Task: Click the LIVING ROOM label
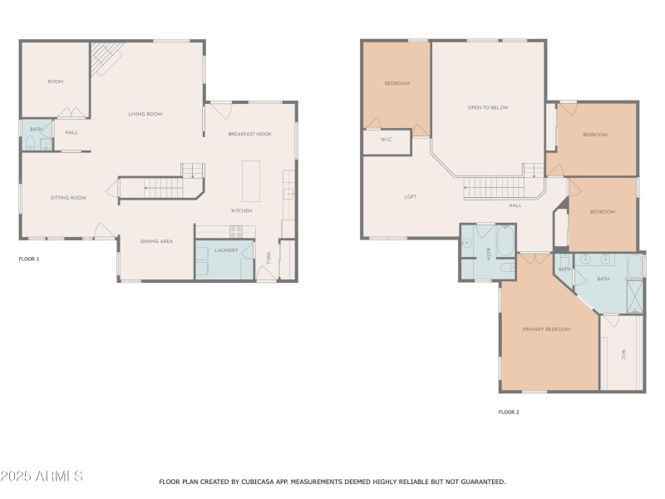click(145, 114)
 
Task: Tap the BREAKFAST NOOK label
click(250, 134)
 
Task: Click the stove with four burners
click(236, 232)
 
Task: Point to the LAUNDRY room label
click(226, 249)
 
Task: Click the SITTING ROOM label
click(68, 198)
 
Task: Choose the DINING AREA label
click(156, 241)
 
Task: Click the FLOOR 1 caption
click(29, 259)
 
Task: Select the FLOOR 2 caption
click(509, 412)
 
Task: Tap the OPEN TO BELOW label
click(488, 107)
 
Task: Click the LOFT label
click(411, 197)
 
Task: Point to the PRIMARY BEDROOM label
click(546, 329)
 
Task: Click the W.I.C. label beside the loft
click(387, 140)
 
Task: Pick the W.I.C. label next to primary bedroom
click(623, 353)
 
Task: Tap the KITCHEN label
click(242, 210)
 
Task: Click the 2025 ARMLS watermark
click(42, 477)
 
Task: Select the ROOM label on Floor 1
click(56, 82)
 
